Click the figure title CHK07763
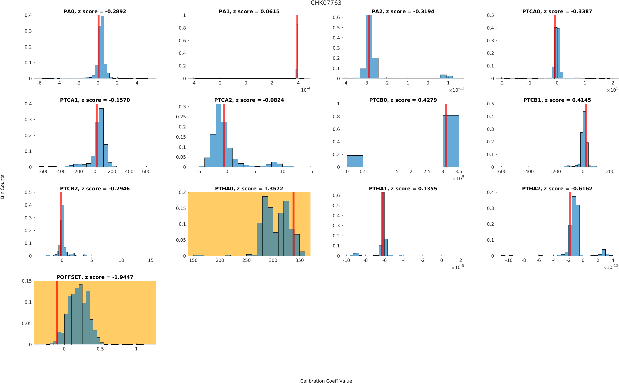(x=326, y=3)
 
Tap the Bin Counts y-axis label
(x=3, y=186)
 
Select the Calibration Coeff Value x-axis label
(x=326, y=380)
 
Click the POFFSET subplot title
(x=95, y=277)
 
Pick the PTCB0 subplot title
(x=403, y=100)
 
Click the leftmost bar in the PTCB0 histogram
(x=355, y=161)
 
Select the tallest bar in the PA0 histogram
(x=102, y=47)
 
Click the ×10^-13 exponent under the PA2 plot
(x=456, y=90)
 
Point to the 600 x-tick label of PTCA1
(x=146, y=172)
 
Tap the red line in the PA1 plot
(x=297, y=47)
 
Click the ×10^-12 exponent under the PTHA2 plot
(x=611, y=267)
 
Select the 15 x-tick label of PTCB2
(x=151, y=260)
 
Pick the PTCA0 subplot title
(x=557, y=11)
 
